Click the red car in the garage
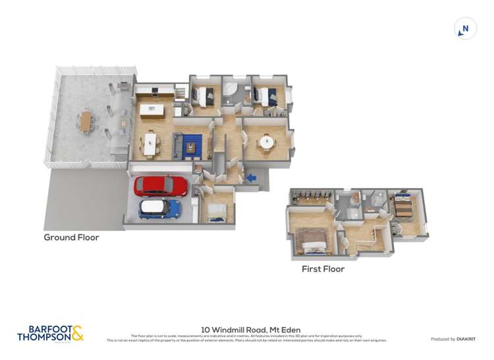tap(161, 186)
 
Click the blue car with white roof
tap(159, 209)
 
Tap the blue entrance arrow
tap(252, 177)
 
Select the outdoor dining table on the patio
tap(86, 120)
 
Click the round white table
tap(267, 141)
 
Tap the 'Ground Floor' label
tap(71, 237)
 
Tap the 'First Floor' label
tap(323, 269)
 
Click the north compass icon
tap(466, 29)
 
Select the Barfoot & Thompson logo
tap(50, 333)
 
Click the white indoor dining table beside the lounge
tap(151, 143)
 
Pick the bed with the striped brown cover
tap(402, 209)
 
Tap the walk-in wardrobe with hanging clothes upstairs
tap(309, 197)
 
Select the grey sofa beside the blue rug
tap(176, 145)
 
